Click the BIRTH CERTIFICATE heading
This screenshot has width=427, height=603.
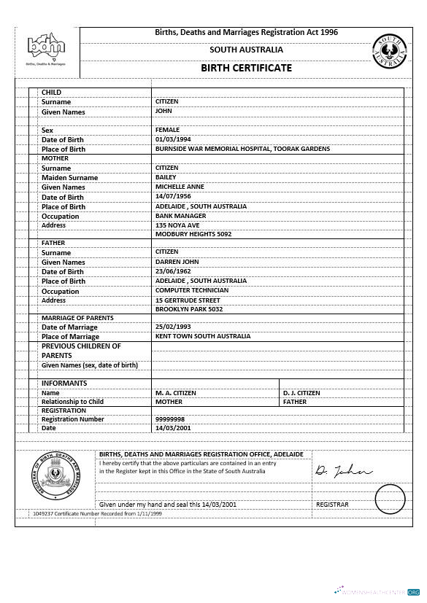246,68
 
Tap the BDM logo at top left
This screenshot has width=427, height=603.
46,49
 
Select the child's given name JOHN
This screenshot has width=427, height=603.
164,111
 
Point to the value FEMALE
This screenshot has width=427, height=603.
167,130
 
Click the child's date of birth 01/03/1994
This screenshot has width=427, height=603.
173,139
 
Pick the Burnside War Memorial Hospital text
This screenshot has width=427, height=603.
242,149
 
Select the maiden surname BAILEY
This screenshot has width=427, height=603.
166,177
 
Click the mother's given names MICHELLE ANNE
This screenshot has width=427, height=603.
180,187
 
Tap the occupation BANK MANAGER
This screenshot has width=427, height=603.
180,216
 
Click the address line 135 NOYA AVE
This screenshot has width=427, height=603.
177,225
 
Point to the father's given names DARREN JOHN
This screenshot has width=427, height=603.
177,262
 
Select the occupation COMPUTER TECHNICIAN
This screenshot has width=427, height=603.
192,290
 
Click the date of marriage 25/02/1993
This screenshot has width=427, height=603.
173,327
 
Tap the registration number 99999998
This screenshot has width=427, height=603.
170,419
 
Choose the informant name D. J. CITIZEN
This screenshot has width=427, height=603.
301,393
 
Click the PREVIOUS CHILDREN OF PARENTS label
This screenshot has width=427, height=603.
81,351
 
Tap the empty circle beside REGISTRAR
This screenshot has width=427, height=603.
390,499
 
